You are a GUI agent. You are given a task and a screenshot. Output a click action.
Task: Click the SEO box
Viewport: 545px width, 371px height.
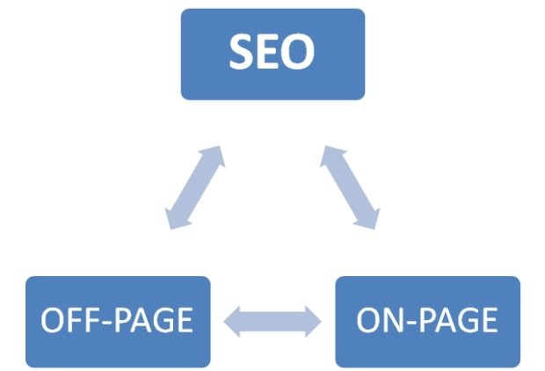point(272,55)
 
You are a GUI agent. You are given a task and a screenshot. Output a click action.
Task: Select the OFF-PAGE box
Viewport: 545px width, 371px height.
point(118,322)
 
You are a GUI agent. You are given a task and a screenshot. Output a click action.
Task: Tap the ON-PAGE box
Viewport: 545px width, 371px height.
point(427,322)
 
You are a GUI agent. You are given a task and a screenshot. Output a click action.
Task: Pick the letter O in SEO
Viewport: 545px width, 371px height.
point(298,52)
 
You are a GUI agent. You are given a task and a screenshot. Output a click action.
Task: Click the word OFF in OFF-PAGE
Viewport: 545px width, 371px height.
point(72,320)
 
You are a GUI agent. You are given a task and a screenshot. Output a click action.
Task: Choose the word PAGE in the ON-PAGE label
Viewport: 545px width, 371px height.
point(457,320)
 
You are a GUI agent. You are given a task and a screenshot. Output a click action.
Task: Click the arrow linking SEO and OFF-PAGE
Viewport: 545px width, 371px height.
point(194,187)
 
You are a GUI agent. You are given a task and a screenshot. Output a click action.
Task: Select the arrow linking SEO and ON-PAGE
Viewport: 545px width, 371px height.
point(350,187)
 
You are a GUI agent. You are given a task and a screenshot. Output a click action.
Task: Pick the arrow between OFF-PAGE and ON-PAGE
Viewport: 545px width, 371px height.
point(272,322)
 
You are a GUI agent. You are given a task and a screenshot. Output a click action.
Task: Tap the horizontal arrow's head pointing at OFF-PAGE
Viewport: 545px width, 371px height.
point(232,322)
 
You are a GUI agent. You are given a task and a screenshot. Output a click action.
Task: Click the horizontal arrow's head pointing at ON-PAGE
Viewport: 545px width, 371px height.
point(314,322)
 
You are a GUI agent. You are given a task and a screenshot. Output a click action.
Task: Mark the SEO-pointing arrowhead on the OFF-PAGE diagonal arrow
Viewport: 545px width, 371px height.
point(214,155)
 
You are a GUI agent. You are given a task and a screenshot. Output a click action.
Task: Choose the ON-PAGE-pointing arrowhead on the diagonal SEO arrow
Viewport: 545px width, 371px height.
point(368,220)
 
